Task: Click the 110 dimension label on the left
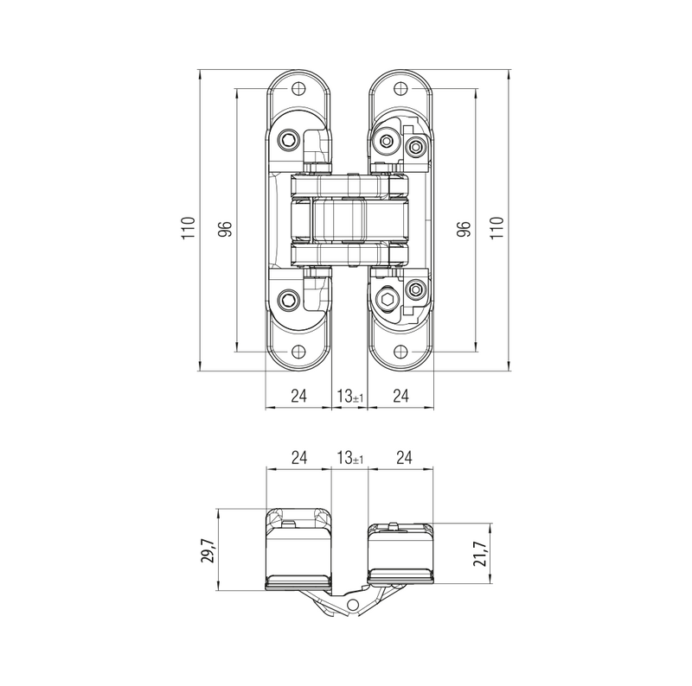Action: (x=189, y=228)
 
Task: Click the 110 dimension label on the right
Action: (x=497, y=228)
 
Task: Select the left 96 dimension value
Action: (x=226, y=228)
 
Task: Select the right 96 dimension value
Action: (x=464, y=228)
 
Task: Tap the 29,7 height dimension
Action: (x=208, y=550)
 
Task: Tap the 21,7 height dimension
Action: (x=481, y=553)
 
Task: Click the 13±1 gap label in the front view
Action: (x=350, y=396)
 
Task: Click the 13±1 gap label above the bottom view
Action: (x=350, y=458)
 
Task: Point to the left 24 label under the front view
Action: (x=298, y=396)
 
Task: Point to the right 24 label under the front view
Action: (x=400, y=396)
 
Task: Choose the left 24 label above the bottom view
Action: (x=298, y=458)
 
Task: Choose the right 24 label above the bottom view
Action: (x=404, y=458)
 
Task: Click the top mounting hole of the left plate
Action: (x=298, y=89)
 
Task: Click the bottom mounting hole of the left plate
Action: (x=298, y=352)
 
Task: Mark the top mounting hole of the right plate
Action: (x=400, y=89)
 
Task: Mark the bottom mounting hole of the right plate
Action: (x=400, y=352)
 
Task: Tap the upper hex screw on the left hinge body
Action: (x=288, y=141)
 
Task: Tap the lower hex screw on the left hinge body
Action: (x=288, y=301)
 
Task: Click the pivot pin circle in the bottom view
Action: (x=353, y=605)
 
